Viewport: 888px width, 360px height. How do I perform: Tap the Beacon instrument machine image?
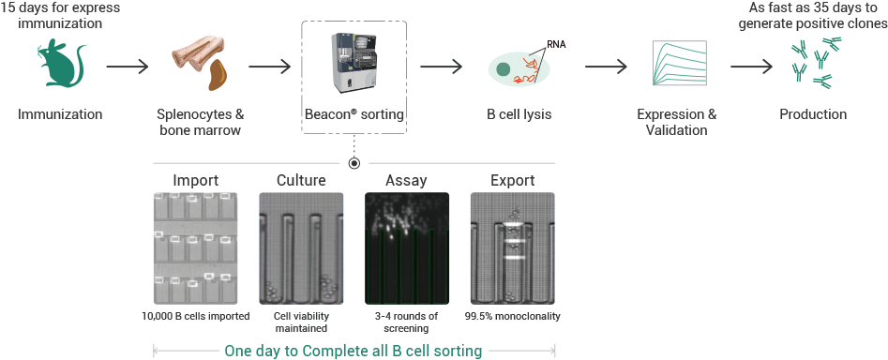click(354, 65)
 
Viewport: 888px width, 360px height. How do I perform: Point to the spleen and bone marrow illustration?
click(199, 64)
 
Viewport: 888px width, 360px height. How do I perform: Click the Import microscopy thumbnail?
click(195, 248)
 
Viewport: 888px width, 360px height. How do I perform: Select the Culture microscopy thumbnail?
click(301, 248)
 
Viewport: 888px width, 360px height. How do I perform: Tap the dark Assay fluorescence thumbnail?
click(407, 248)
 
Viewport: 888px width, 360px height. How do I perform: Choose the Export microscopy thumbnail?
click(513, 248)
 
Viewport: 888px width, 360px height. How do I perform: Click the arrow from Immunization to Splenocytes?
click(127, 67)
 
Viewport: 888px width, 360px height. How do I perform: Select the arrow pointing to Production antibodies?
click(751, 67)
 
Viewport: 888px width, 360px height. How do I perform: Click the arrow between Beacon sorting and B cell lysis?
click(441, 67)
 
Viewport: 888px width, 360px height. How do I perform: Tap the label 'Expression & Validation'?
click(676, 122)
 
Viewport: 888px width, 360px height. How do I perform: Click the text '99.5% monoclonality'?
click(513, 317)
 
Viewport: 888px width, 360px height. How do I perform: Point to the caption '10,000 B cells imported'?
click(195, 317)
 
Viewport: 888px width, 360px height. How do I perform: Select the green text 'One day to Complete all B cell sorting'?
click(354, 351)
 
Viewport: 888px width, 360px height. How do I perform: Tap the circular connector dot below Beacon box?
click(354, 163)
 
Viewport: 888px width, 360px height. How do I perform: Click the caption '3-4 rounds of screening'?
click(407, 322)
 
